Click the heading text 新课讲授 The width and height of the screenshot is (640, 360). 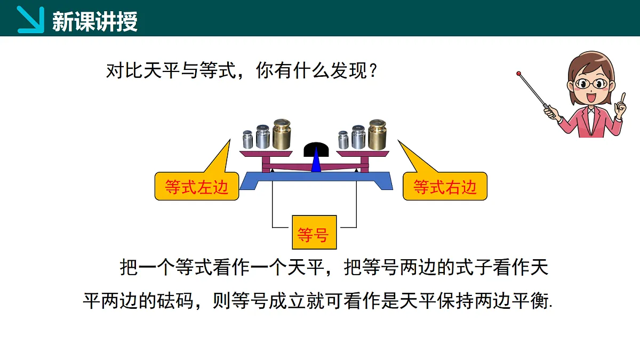coord(95,21)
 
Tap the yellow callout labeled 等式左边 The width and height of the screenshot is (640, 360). coord(197,186)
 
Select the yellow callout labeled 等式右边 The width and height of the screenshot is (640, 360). coord(445,186)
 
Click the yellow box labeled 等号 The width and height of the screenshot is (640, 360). coord(314,233)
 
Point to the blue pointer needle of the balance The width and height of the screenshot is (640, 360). coord(316,160)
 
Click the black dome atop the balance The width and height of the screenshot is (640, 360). coord(316,149)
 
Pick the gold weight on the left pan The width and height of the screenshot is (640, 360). coord(282,134)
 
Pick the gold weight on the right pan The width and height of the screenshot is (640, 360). coord(377,135)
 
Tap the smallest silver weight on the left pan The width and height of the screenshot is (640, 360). coord(247,139)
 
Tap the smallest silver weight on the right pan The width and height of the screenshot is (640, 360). coord(343,140)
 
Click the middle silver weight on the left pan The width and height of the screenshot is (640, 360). coord(263,137)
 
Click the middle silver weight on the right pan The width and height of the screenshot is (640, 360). coord(358,137)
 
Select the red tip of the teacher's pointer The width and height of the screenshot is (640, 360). coord(518,74)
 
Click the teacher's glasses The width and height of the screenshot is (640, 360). coord(591,84)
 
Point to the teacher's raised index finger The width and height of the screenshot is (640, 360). coord(623,98)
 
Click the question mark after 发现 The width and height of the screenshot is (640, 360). coord(373,70)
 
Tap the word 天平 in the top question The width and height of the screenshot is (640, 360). coord(162,70)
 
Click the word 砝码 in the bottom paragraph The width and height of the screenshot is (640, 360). coord(175,301)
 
